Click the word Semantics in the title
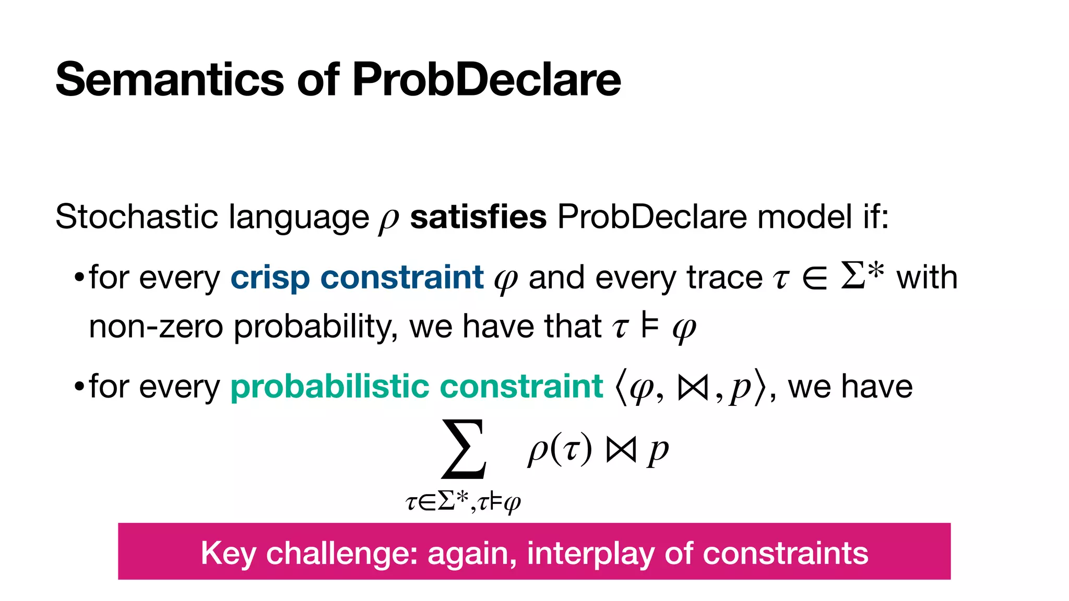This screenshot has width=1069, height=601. (170, 80)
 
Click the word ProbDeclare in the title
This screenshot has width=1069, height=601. (486, 80)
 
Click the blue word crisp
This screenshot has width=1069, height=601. (270, 278)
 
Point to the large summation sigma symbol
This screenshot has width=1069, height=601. (464, 449)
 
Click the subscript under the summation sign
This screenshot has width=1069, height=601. (464, 502)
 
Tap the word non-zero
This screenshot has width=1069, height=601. (156, 327)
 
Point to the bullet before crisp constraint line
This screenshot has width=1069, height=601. (79, 277)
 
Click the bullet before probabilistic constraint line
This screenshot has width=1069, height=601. (79, 387)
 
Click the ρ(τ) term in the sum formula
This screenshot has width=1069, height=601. (560, 450)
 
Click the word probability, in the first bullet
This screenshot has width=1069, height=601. (316, 327)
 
